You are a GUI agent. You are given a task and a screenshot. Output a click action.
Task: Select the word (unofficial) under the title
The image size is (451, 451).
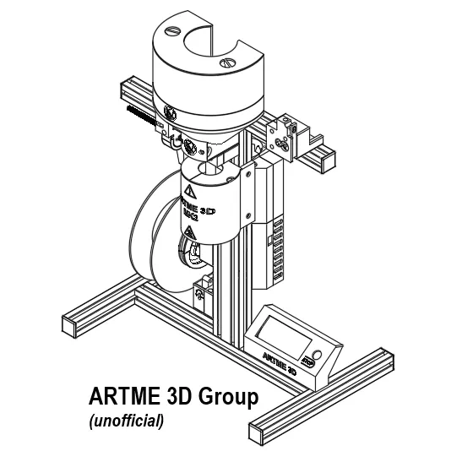pos(126,419)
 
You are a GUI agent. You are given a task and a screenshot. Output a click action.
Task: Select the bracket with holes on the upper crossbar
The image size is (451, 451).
pos(284,135)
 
